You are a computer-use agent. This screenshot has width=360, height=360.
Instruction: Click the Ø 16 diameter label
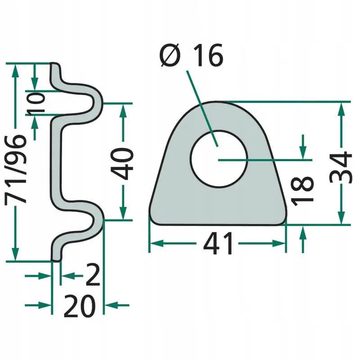coord(192,55)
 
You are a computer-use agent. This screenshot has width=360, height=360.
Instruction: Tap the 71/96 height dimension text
coord(15,170)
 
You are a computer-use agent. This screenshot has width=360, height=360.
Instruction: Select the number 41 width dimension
coord(218,243)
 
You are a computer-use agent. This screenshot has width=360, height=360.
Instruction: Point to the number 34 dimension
coord(341,167)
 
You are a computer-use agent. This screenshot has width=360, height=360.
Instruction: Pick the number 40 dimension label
coord(122,164)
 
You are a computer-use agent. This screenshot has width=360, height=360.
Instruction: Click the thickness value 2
coord(93,275)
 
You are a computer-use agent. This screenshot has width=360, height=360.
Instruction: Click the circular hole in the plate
coord(219,158)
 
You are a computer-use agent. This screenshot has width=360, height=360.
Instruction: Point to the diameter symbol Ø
coord(170,55)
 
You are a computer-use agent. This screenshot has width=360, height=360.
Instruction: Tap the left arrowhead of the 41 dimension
coord(157,243)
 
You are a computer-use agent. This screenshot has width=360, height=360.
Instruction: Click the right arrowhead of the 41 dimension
coord(279,243)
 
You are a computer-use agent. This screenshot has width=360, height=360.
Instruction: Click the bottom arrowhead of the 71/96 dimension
coord(15,254)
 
